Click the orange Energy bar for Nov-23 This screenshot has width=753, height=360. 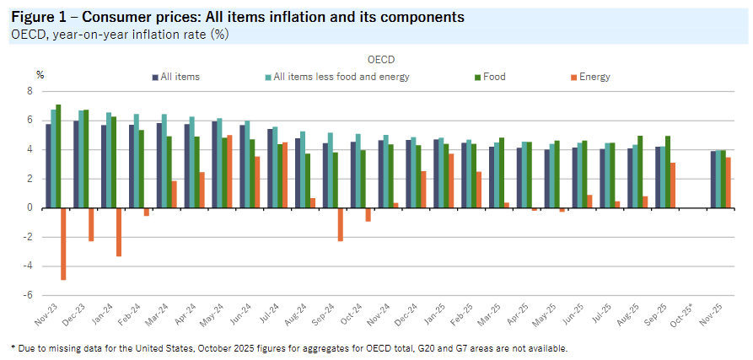tap(64, 244)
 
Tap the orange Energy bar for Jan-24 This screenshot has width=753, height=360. tap(120, 232)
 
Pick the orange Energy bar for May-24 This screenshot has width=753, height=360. tap(229, 171)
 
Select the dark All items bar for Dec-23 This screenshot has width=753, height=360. tap(76, 164)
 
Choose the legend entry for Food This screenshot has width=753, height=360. tap(493, 77)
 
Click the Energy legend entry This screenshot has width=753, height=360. tap(594, 77)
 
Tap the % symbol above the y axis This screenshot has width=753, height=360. tap(40, 75)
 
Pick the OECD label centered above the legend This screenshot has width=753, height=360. tap(381, 60)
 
